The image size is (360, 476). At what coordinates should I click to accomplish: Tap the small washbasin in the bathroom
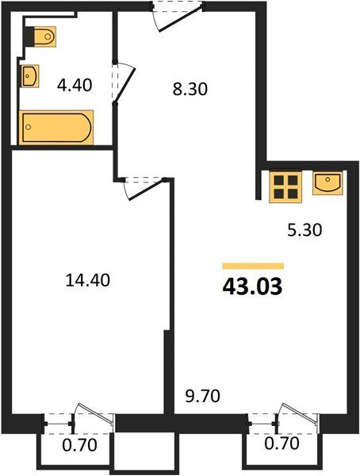click(30, 76)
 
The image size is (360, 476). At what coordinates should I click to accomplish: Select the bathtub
click(56, 128)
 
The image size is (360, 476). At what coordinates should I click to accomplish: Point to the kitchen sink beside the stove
click(327, 182)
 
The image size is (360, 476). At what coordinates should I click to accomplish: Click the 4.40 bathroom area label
click(75, 86)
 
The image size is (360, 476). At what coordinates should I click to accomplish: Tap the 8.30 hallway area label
click(190, 89)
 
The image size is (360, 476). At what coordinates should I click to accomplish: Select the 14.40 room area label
click(87, 280)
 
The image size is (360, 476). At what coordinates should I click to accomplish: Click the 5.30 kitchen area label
click(304, 230)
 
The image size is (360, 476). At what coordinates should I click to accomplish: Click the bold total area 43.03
click(252, 287)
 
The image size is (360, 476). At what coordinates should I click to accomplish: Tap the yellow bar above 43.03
click(253, 266)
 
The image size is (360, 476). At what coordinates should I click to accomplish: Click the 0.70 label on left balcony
click(80, 445)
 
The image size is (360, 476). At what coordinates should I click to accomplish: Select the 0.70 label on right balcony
click(282, 443)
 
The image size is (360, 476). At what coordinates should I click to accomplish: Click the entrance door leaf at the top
click(180, 19)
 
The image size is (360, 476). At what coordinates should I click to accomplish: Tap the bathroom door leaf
click(124, 83)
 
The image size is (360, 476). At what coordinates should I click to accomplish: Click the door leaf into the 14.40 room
click(147, 190)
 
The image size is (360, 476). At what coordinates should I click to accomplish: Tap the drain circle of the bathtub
click(29, 127)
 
